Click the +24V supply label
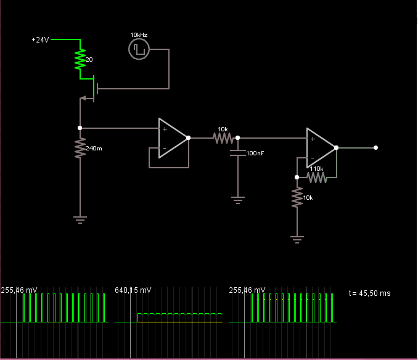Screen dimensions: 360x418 point(40,39)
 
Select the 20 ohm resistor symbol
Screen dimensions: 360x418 point(80,59)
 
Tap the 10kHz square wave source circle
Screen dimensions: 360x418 point(139,49)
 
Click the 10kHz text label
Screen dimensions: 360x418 point(139,35)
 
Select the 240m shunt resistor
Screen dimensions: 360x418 point(80,148)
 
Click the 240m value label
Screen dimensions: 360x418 point(94,149)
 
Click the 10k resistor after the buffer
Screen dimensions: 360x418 point(223,138)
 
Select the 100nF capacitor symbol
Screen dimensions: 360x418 point(238,152)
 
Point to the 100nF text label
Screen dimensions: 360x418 point(255,153)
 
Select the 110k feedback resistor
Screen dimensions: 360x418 point(316,178)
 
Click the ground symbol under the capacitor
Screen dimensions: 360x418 point(238,199)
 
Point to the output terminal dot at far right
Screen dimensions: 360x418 point(375,148)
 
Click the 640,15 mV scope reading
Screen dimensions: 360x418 point(133,290)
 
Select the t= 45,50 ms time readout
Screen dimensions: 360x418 point(369,293)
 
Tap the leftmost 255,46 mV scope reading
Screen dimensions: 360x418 point(19,290)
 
